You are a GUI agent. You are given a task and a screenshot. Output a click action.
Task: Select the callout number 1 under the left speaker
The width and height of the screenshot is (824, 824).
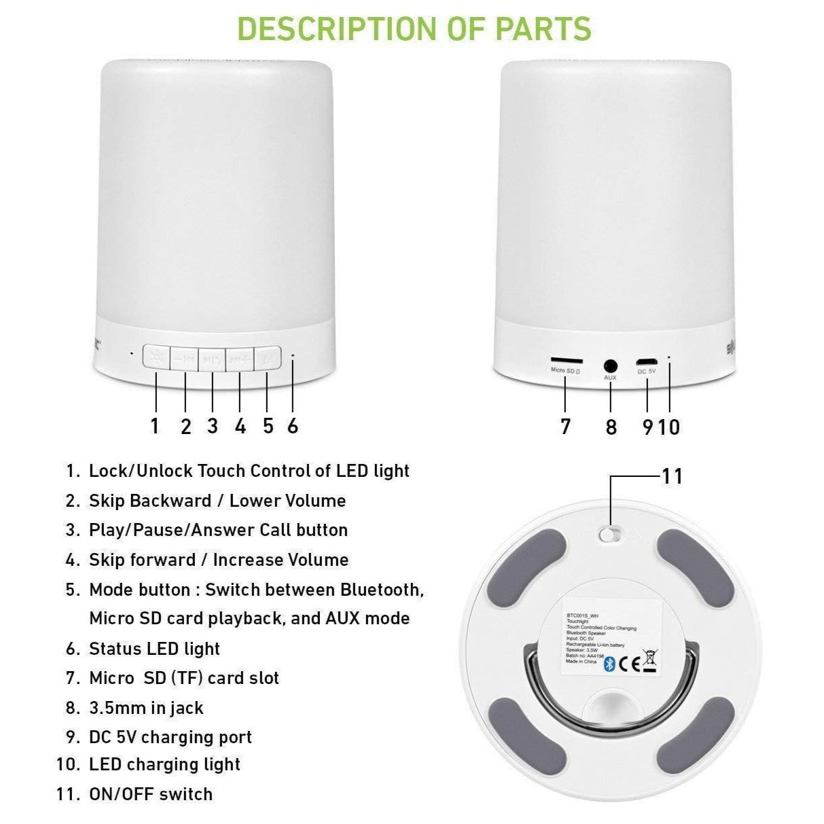click(x=155, y=426)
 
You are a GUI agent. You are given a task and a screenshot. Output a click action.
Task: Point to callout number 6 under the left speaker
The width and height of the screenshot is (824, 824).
click(x=293, y=426)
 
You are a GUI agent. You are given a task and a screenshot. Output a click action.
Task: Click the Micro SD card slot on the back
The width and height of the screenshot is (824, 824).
click(x=565, y=359)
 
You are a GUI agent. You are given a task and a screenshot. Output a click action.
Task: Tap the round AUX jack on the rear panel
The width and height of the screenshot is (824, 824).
click(x=610, y=365)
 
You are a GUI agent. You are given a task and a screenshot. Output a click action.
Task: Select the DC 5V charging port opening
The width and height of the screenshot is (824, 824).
click(x=646, y=361)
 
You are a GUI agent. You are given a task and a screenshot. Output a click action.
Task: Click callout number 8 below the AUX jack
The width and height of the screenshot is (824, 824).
click(x=611, y=427)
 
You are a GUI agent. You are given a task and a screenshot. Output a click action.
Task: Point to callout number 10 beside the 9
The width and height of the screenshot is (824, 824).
click(x=668, y=427)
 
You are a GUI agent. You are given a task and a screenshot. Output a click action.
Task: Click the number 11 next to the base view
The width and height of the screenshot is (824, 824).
click(x=672, y=476)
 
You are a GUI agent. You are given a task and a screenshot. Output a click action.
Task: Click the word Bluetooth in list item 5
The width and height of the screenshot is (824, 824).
click(x=382, y=590)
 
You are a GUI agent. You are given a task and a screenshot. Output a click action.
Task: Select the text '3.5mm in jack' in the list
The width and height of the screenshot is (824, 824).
click(x=146, y=708)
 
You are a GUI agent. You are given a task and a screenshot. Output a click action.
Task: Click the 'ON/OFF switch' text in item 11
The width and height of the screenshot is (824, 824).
click(x=151, y=793)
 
